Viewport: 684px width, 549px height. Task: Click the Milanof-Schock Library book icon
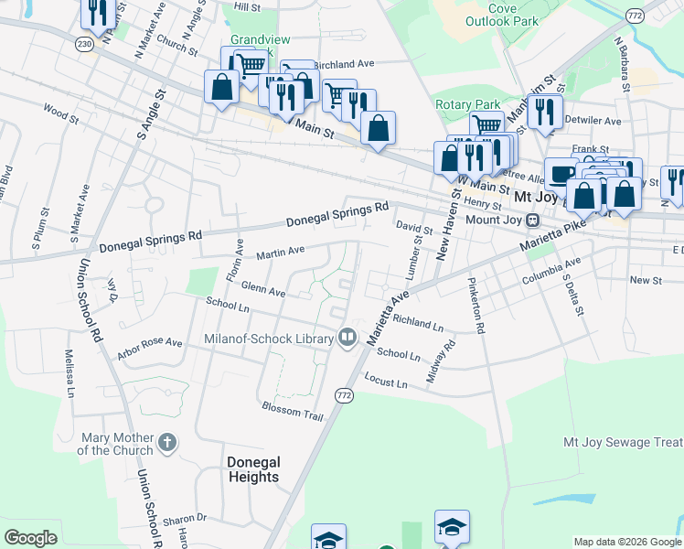click(x=347, y=339)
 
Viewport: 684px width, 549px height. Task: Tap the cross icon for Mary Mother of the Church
click(x=166, y=444)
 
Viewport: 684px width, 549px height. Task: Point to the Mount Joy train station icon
click(x=531, y=221)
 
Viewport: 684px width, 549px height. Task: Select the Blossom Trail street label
click(x=293, y=412)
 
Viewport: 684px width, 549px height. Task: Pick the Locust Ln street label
click(x=385, y=380)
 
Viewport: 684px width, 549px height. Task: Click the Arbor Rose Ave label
click(x=149, y=348)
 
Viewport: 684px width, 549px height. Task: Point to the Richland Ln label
click(x=418, y=323)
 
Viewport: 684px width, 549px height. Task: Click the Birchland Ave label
click(x=345, y=65)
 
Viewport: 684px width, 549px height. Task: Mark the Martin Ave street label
click(x=280, y=252)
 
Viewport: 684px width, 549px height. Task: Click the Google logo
click(x=30, y=538)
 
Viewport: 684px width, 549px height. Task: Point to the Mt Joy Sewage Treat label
click(x=622, y=442)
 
